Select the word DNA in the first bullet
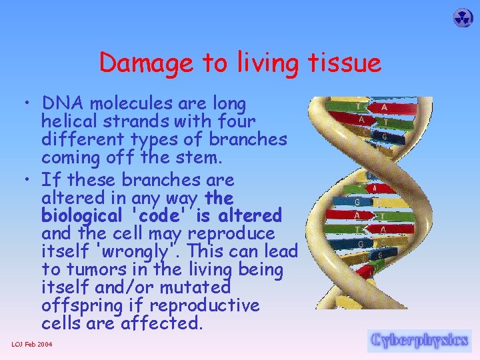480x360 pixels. click(x=63, y=104)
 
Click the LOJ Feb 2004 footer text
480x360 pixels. click(x=33, y=344)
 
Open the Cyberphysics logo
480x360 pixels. click(x=419, y=340)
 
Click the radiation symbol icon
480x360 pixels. click(x=463, y=18)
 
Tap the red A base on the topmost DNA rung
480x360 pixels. click(x=384, y=107)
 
